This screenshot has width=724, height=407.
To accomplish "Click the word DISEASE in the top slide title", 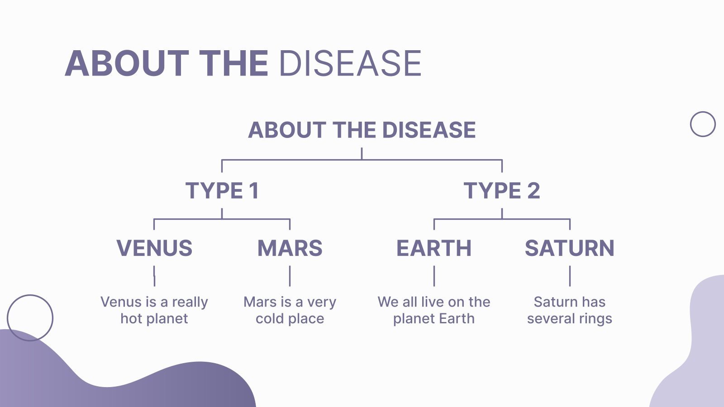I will tap(350, 63).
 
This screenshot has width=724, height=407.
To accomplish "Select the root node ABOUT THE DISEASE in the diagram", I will tap(362, 130).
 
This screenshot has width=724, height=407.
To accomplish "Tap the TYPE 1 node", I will tap(222, 190).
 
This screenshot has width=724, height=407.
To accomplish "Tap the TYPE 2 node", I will tap(502, 190).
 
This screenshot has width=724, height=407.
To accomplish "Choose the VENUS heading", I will tap(154, 248).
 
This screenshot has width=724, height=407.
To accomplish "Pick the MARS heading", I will tap(290, 248).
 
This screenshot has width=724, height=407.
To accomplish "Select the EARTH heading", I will tap(433, 248).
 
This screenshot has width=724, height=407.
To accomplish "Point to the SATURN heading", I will tap(569, 248).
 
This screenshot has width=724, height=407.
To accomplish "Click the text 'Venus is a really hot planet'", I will tap(154, 310).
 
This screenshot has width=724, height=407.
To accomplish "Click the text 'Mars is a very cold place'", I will tap(290, 310).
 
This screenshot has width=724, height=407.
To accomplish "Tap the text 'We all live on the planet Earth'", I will tap(433, 310).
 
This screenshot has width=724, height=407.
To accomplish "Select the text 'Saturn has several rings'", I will tap(569, 310).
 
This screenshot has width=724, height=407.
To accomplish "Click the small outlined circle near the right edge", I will tap(703, 124).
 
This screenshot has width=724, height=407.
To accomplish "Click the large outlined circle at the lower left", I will tap(30, 317).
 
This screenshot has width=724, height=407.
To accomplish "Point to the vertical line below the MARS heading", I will tap(290, 276).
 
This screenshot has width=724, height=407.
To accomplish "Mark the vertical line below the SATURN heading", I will tap(570, 276).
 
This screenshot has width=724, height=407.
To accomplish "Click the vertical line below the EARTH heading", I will tap(434, 276).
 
